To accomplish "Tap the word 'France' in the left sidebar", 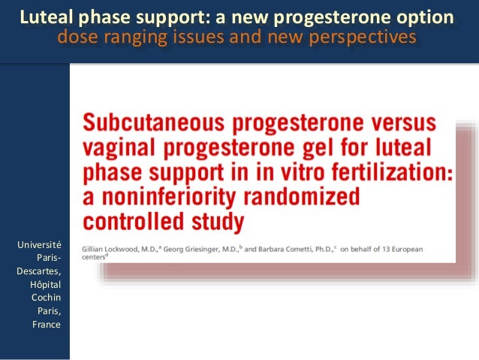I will (47, 325).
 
